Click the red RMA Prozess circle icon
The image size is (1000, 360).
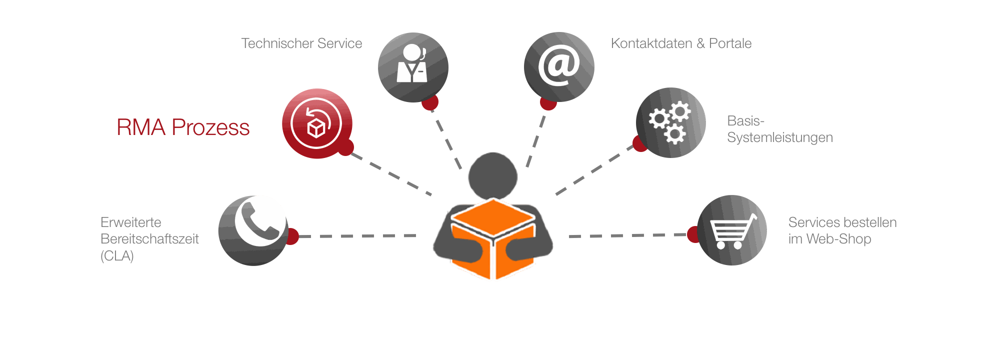coord(317,123)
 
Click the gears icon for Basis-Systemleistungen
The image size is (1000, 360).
coord(670,122)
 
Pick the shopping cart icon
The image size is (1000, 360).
coord(732,230)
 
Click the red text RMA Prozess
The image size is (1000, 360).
coord(183,127)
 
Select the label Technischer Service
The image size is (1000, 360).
coord(301,43)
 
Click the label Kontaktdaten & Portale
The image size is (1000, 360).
coord(681,43)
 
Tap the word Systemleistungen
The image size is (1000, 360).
coord(780,137)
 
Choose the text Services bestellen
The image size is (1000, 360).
coord(842,222)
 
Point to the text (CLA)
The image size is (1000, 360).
coord(117,256)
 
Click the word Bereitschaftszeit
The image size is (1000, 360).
coord(149,239)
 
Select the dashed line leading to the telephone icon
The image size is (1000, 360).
coord(357,236)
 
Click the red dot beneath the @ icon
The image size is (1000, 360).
coord(548,103)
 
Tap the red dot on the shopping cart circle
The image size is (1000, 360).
coord(693,234)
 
